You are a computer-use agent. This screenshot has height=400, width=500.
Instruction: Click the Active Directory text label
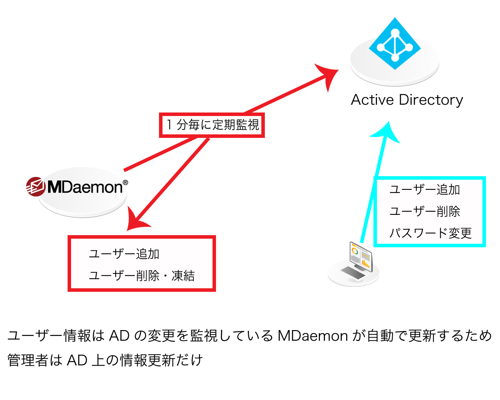tap(407, 100)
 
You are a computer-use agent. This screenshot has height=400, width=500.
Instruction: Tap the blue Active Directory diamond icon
tap(395, 44)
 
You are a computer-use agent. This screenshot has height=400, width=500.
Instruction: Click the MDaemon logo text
tap(85, 187)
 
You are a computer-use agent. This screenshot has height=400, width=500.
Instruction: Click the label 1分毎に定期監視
tap(212, 125)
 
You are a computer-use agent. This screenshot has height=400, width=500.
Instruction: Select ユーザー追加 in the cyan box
tap(425, 190)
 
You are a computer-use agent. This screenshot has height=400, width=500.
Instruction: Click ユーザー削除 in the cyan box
tap(425, 211)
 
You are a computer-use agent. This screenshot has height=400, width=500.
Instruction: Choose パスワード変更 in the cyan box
tap(430, 233)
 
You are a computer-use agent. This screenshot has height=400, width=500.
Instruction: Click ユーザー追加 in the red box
tap(124, 254)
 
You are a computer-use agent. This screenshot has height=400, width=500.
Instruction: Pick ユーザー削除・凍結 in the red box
tap(141, 276)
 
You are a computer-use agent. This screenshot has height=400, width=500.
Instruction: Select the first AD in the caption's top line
tap(119, 336)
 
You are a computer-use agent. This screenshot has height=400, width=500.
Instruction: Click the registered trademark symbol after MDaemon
tap(125, 182)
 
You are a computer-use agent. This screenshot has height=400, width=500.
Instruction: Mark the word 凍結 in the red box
tap(183, 276)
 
